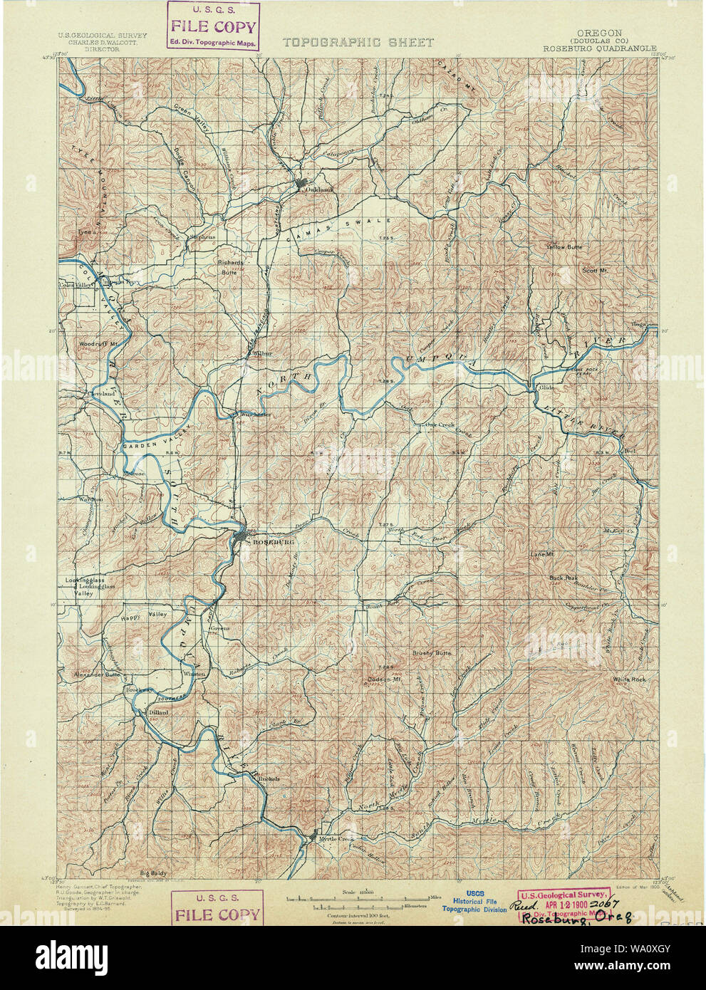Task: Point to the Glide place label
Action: coord(546,387)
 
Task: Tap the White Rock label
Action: coord(629,679)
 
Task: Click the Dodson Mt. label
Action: coord(387,678)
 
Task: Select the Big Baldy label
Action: coord(152,872)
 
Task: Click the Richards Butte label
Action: coord(230,266)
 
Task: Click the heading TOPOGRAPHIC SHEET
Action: coord(358,42)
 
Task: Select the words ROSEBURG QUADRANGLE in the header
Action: coord(599,49)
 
